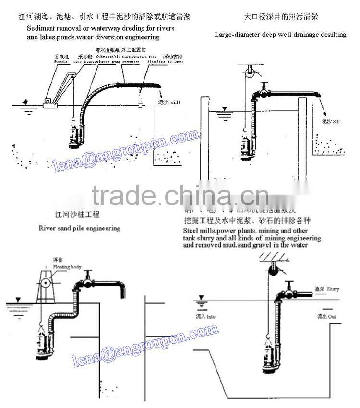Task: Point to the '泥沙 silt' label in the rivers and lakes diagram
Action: pos(169,103)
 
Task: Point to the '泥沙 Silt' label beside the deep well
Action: pos(330,122)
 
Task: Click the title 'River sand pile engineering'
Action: pos(79,228)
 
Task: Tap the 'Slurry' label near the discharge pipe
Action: pos(326,289)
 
